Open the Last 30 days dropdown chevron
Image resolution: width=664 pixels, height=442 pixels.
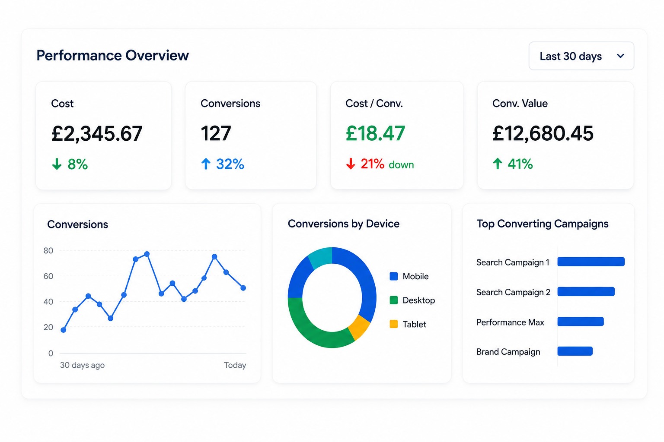pyautogui.click(x=620, y=56)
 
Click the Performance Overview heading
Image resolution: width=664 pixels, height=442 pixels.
pyautogui.click(x=113, y=55)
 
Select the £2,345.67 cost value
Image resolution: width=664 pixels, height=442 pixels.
pyautogui.click(x=97, y=133)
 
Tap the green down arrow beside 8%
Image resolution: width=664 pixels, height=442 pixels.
pyautogui.click(x=57, y=164)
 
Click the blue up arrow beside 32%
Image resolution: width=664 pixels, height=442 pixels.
pyautogui.click(x=206, y=164)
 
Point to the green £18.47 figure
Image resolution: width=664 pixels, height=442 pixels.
pyautogui.click(x=375, y=133)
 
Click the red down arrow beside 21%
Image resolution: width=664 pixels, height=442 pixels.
pyautogui.click(x=351, y=164)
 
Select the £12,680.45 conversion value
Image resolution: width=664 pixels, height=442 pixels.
pyautogui.click(x=543, y=133)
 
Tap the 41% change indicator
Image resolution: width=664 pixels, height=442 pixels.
pyautogui.click(x=513, y=164)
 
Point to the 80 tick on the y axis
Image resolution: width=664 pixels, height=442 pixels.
pyautogui.click(x=48, y=250)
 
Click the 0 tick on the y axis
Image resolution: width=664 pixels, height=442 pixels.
pyautogui.click(x=51, y=353)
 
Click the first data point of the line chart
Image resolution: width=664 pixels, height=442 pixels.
pyautogui.click(x=63, y=330)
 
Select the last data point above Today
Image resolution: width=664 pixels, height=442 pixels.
pyautogui.click(x=243, y=288)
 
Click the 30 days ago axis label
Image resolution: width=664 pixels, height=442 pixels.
pyautogui.click(x=82, y=365)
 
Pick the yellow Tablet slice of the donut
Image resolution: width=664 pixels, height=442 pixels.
pyautogui.click(x=359, y=328)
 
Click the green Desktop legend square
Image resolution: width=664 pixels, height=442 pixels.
pyautogui.click(x=393, y=300)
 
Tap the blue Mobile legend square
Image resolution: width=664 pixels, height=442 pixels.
pyautogui.click(x=393, y=276)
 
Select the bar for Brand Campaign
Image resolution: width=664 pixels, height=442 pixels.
pyautogui.click(x=575, y=351)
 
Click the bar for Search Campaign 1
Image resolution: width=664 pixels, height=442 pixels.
pyautogui.click(x=591, y=262)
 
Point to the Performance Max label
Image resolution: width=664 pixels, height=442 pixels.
pyautogui.click(x=510, y=322)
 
